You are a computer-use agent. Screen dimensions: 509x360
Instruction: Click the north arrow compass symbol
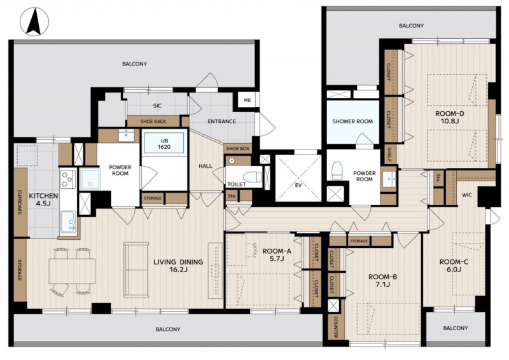tap(34, 22)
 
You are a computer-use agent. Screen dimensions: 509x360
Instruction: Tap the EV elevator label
tap(298, 185)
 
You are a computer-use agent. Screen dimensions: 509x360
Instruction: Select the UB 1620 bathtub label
tap(164, 144)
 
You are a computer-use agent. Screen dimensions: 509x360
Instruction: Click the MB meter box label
tap(247, 100)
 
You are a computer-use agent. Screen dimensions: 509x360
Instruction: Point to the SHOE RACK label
tap(153, 121)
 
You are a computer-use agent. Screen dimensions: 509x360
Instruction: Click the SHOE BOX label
tap(237, 149)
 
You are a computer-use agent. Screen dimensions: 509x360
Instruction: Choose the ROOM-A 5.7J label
tap(277, 255)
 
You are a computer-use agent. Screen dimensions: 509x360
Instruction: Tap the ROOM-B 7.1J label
tap(383, 280)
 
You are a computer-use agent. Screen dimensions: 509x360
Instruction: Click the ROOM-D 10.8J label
tap(450, 118)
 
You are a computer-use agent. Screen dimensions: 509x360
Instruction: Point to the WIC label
tap(467, 195)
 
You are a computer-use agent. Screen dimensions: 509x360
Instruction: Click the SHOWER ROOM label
tap(352, 121)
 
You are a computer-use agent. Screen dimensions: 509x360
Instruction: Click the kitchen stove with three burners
tap(68, 179)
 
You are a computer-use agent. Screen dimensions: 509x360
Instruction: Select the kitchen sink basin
tap(68, 221)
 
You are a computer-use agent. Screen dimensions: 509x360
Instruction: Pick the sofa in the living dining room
tap(136, 270)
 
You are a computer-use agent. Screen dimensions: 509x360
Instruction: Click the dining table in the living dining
tap(72, 271)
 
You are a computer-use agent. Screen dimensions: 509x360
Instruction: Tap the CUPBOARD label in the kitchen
tap(20, 202)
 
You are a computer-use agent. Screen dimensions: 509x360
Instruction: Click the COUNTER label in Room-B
tap(335, 327)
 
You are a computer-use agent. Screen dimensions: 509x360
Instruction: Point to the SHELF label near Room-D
tap(389, 155)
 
